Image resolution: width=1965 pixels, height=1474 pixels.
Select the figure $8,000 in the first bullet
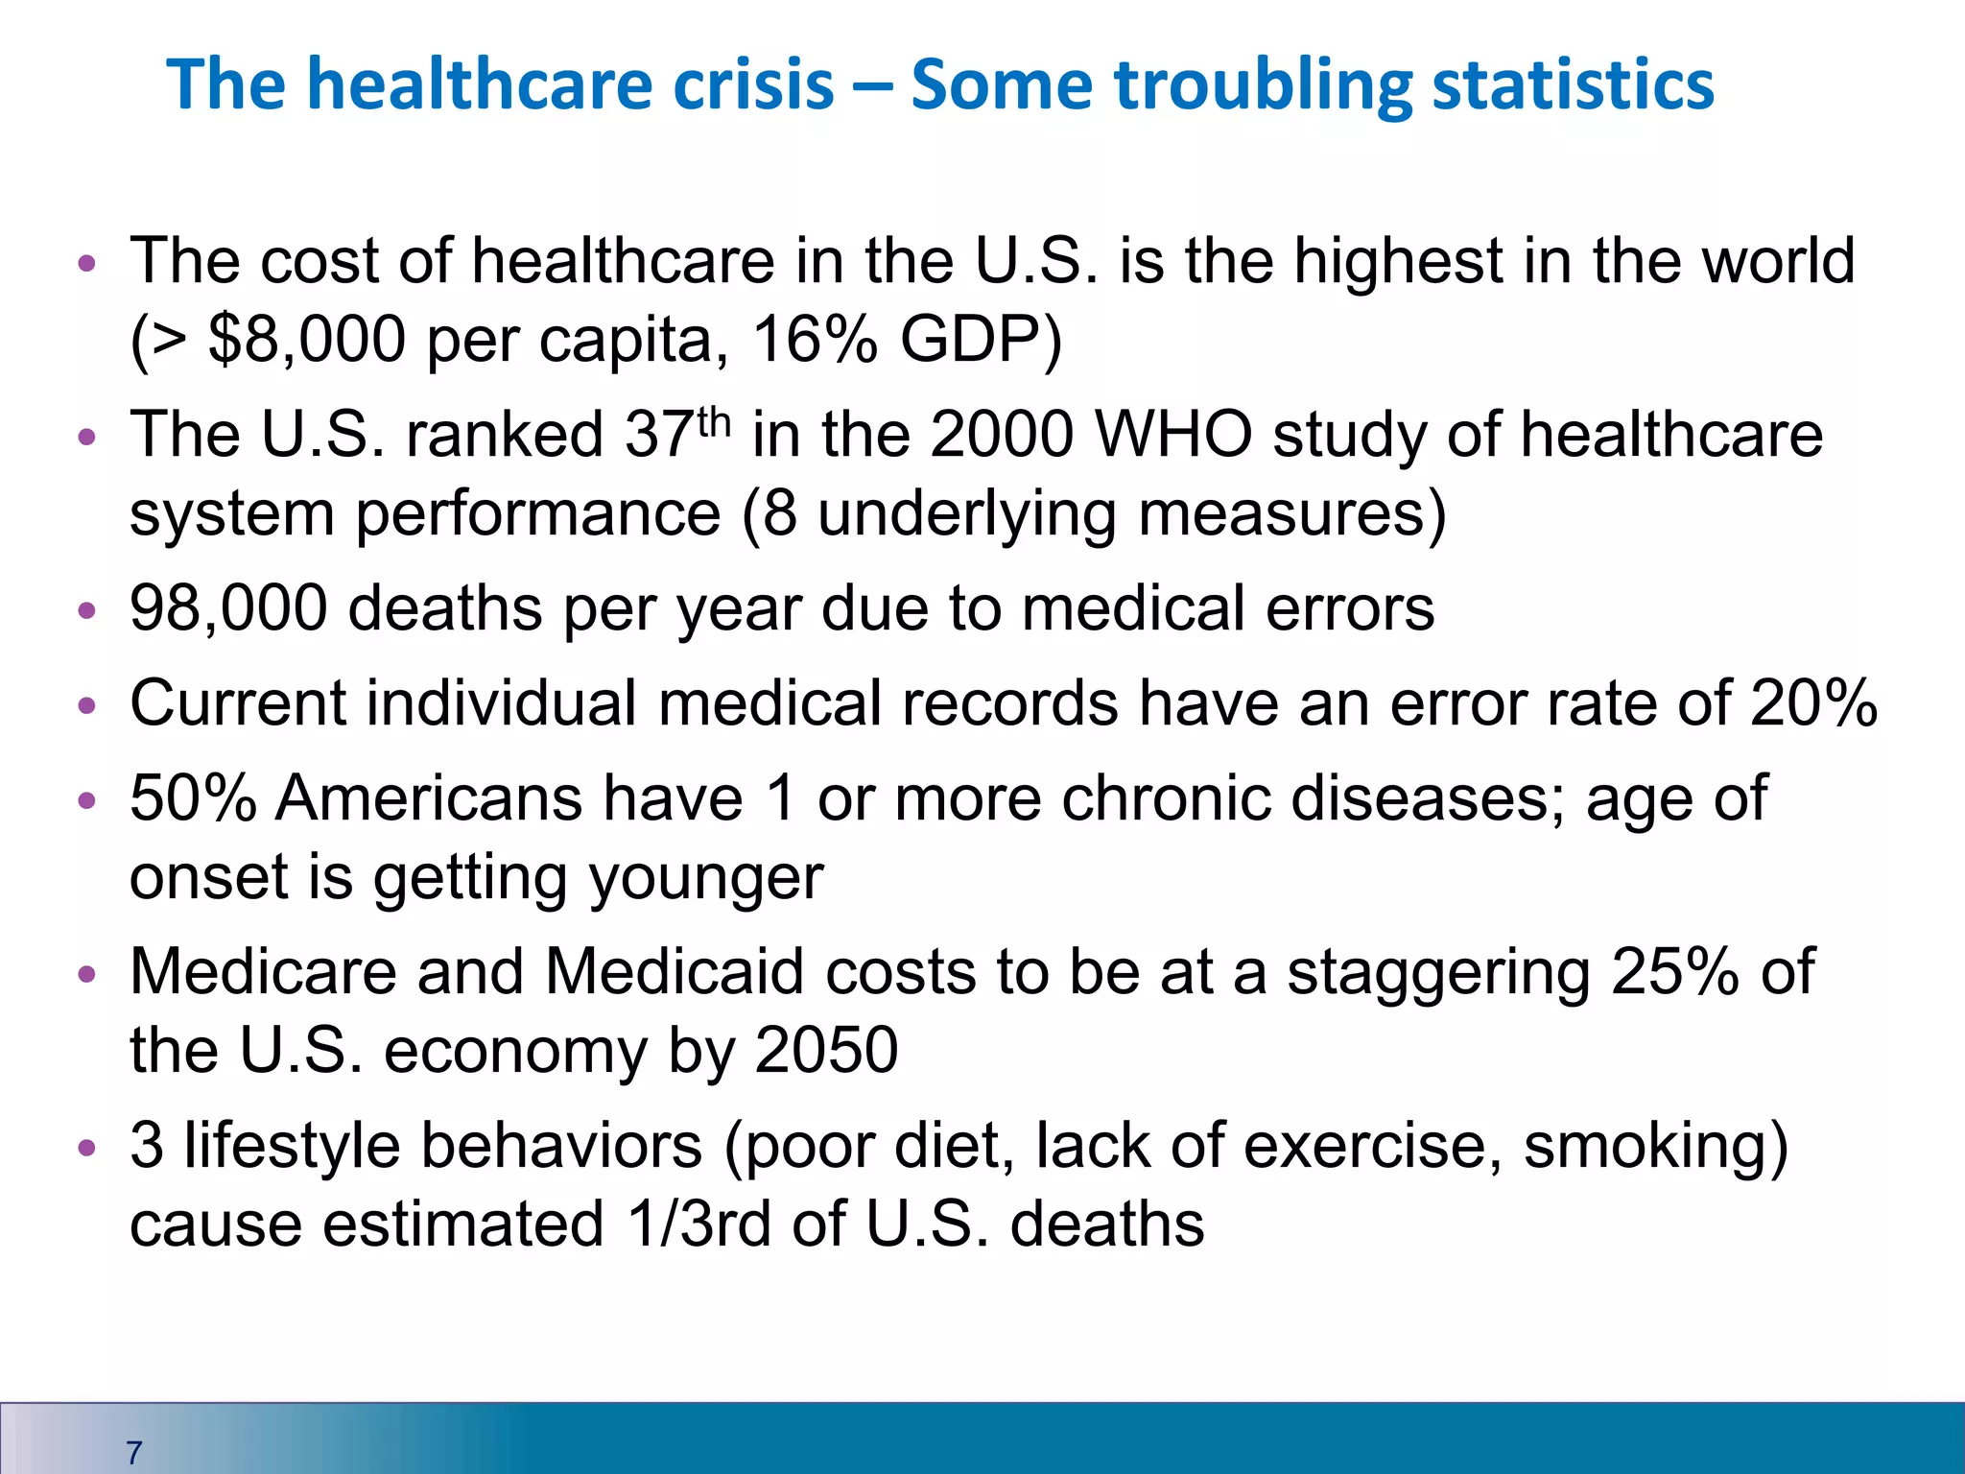pyautogui.click(x=306, y=340)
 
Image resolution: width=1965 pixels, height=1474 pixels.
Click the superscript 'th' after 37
pyautogui.click(x=714, y=421)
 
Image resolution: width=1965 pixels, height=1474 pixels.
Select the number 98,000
pyautogui.click(x=228, y=608)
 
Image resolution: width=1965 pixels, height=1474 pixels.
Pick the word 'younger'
pyautogui.click(x=706, y=877)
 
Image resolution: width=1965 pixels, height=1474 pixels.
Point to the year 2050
pyautogui.click(x=826, y=1050)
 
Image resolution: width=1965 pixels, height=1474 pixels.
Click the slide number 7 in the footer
pyautogui.click(x=134, y=1452)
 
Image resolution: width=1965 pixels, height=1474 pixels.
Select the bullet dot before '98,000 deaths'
pyautogui.click(x=87, y=610)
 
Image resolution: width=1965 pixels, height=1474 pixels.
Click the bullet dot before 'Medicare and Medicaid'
pyautogui.click(x=87, y=974)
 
